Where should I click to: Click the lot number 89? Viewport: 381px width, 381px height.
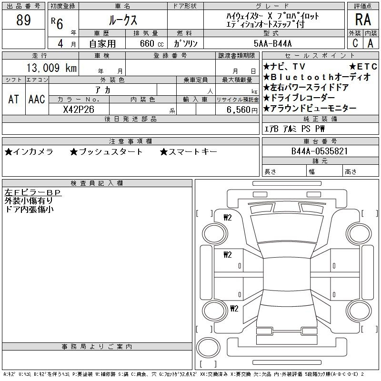click(x=23, y=20)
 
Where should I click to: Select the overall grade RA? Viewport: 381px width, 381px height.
click(x=363, y=20)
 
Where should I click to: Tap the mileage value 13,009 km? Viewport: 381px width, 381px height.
click(x=51, y=68)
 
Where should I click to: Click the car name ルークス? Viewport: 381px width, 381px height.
click(x=123, y=20)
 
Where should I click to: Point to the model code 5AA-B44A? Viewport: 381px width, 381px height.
click(x=272, y=43)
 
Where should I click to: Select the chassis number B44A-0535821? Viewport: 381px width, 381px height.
click(x=320, y=151)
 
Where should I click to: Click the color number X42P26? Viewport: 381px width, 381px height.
click(x=79, y=110)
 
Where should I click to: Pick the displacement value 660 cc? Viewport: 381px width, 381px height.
click(x=151, y=43)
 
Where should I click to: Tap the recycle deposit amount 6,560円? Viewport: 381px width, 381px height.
click(x=242, y=110)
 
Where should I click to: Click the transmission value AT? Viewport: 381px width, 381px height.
click(x=13, y=99)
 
